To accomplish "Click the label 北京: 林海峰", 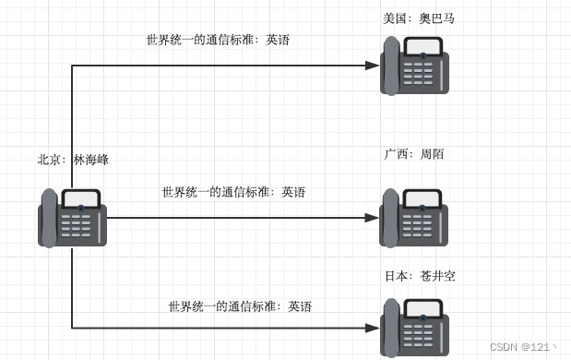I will pos(73,160).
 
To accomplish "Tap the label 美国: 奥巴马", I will pos(419,18).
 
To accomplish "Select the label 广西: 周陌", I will pos(414,154).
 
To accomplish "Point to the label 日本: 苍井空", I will pos(419,276).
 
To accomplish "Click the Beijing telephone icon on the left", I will pos(72,218).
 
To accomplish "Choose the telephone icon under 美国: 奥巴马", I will pos(414,66).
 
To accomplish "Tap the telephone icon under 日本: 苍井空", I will pos(414,328).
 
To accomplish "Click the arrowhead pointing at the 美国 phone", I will pos(372,66).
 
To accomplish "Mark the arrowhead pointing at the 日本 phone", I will pos(372,328).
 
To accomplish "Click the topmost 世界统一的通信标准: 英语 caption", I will pos(218,40).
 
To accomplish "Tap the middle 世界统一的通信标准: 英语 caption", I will pos(233,192).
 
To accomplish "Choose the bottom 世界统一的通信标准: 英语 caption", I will pos(240,306).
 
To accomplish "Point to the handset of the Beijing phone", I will pos(49,218).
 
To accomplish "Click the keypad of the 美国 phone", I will pos(423,74).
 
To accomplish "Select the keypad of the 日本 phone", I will pos(423,335).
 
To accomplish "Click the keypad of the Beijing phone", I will pos(80,226).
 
